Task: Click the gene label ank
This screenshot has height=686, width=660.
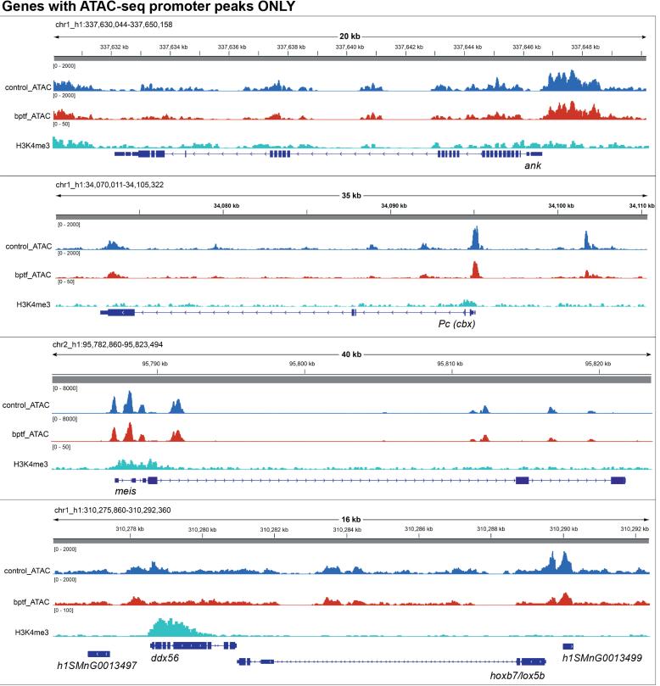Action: (x=532, y=166)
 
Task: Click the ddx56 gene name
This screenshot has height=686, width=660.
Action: (x=165, y=658)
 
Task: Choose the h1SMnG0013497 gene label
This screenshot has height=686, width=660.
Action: (x=97, y=666)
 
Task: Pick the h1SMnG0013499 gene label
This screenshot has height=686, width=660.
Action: (x=602, y=658)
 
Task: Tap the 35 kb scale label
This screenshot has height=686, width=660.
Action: (x=350, y=195)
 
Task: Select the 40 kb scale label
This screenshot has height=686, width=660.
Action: (x=350, y=354)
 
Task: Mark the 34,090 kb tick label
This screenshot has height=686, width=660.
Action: (x=390, y=205)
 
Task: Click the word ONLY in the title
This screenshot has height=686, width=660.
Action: (x=271, y=8)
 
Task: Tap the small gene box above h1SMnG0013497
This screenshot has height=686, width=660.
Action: (x=98, y=654)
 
